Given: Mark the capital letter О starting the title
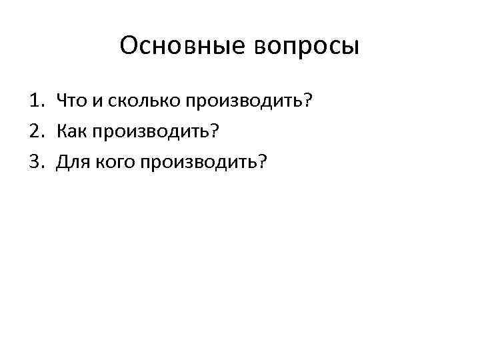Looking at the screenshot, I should pyautogui.click(x=129, y=47).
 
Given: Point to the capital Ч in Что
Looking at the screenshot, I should pyautogui.click(x=62, y=101).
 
